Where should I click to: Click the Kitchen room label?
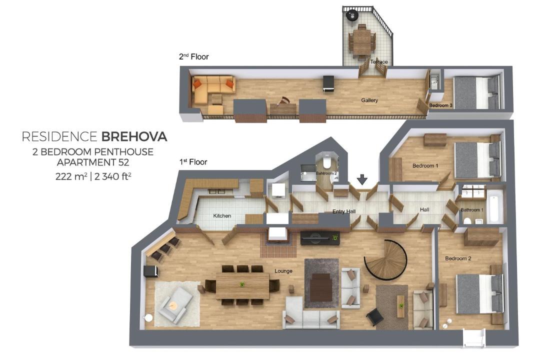pos(222,215)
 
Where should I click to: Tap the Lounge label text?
pos(283,271)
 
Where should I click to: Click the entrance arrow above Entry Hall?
pos(362,179)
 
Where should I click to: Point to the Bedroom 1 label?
pos(425,165)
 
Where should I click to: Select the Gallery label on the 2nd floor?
pos(369,100)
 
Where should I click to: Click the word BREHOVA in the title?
pos(134,137)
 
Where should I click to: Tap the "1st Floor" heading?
pos(193,162)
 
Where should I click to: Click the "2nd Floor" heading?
pos(194,56)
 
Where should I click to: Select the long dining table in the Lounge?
pos(242,285)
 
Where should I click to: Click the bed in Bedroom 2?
pos(479,293)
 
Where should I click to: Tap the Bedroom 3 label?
pos(441,105)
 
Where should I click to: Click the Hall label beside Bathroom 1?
pos(424,209)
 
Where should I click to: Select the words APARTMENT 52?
pos(93,162)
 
